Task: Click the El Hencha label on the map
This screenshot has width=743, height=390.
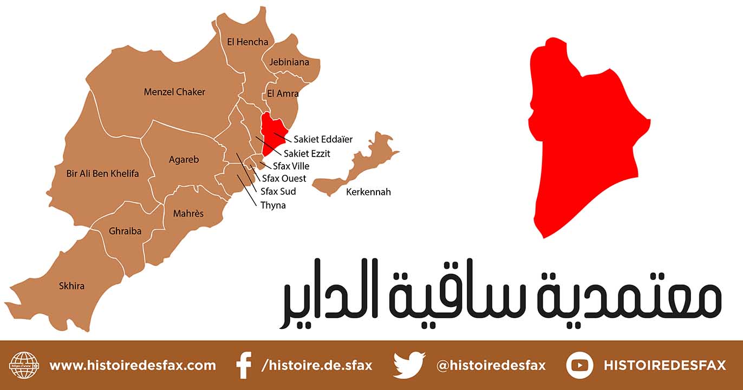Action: [x=247, y=42]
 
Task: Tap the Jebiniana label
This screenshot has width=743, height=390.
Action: [x=289, y=62]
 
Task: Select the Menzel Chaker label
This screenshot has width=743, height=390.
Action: [x=174, y=92]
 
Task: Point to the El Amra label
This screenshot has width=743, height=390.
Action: [x=283, y=94]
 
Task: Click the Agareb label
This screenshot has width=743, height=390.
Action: [x=184, y=160]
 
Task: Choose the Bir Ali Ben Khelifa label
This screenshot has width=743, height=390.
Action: [x=102, y=174]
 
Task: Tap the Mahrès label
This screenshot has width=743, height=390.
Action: [x=188, y=213]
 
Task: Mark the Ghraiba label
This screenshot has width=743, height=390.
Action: [x=125, y=231]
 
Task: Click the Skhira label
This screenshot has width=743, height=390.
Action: [x=71, y=285]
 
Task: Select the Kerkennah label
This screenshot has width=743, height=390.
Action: [x=368, y=192]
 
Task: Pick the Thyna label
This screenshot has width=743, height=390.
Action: [x=273, y=205]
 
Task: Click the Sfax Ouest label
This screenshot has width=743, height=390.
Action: [x=284, y=178]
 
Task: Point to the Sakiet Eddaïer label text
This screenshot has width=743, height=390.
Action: [x=323, y=139]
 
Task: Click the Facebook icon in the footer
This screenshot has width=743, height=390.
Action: [x=244, y=365]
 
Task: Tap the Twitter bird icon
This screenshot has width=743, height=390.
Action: [x=409, y=365]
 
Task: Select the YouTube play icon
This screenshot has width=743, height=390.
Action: [x=579, y=365]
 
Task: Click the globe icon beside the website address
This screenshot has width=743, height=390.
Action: [x=24, y=365]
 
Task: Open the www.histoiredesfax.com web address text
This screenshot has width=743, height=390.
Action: [x=133, y=365]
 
